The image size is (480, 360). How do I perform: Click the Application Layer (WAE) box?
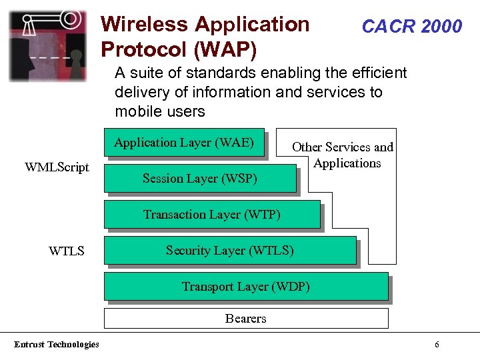tap(184, 143)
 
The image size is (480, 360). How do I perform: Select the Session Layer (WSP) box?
tap(200, 179)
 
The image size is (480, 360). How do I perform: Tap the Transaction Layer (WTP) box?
tap(212, 215)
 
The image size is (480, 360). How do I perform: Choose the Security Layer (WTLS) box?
tap(230, 251)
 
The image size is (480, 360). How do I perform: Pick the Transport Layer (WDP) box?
tap(246, 287)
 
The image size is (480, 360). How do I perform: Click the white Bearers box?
tap(246, 319)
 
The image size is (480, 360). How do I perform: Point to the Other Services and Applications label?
tap(343, 155)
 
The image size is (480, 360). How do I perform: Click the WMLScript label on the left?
tap(57, 167)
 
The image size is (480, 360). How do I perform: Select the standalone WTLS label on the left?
tap(67, 251)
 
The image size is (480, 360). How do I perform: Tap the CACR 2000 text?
tap(411, 27)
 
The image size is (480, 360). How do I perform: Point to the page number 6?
tap(437, 345)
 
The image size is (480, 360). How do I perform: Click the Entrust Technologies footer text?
tap(57, 345)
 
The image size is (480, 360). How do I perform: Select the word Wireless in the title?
tap(144, 25)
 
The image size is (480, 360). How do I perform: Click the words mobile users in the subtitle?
tap(160, 111)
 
